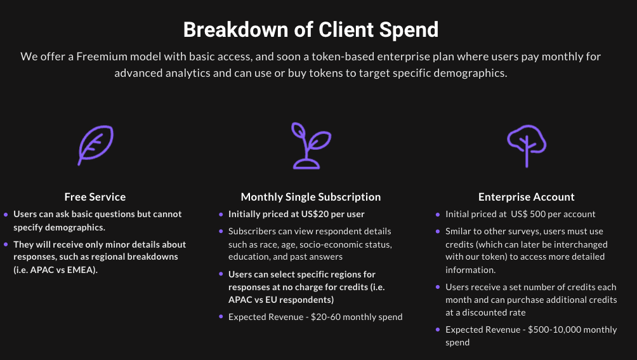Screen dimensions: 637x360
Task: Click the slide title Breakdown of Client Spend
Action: [x=311, y=30]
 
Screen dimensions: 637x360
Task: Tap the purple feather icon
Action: [x=96, y=145]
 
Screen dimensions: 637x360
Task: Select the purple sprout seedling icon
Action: [x=311, y=145]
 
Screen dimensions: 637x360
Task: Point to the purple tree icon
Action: [x=527, y=145]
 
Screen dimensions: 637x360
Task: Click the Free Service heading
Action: [x=95, y=197]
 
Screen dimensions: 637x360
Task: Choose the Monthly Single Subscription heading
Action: [x=311, y=197]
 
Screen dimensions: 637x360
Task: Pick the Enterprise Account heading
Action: [x=527, y=197]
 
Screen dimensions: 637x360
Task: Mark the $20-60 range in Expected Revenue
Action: [x=326, y=317]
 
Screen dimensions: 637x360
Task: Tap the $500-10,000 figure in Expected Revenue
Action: [x=549, y=330]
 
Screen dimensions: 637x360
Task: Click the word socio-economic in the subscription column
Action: [x=328, y=244]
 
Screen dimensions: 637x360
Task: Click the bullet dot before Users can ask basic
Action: [x=6, y=215]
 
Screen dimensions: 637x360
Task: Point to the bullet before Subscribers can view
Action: [x=221, y=231]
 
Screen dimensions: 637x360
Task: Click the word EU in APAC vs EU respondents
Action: [x=271, y=300]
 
